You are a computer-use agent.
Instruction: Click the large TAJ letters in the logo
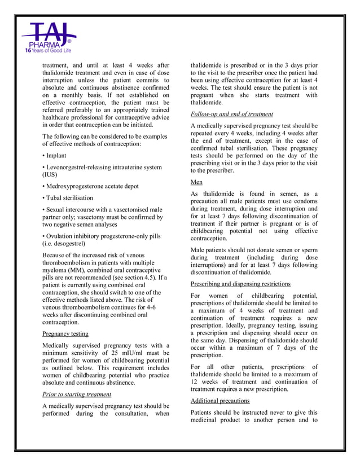(47, 33)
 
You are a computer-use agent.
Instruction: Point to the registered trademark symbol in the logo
(69, 42)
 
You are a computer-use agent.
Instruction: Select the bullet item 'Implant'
(55, 155)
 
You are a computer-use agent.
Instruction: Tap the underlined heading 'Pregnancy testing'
(65, 333)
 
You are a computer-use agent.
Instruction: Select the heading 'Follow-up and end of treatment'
(232, 114)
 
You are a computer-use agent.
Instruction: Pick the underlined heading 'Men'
(196, 182)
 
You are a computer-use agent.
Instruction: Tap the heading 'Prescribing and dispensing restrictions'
(240, 284)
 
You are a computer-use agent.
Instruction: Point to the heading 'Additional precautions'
(220, 400)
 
